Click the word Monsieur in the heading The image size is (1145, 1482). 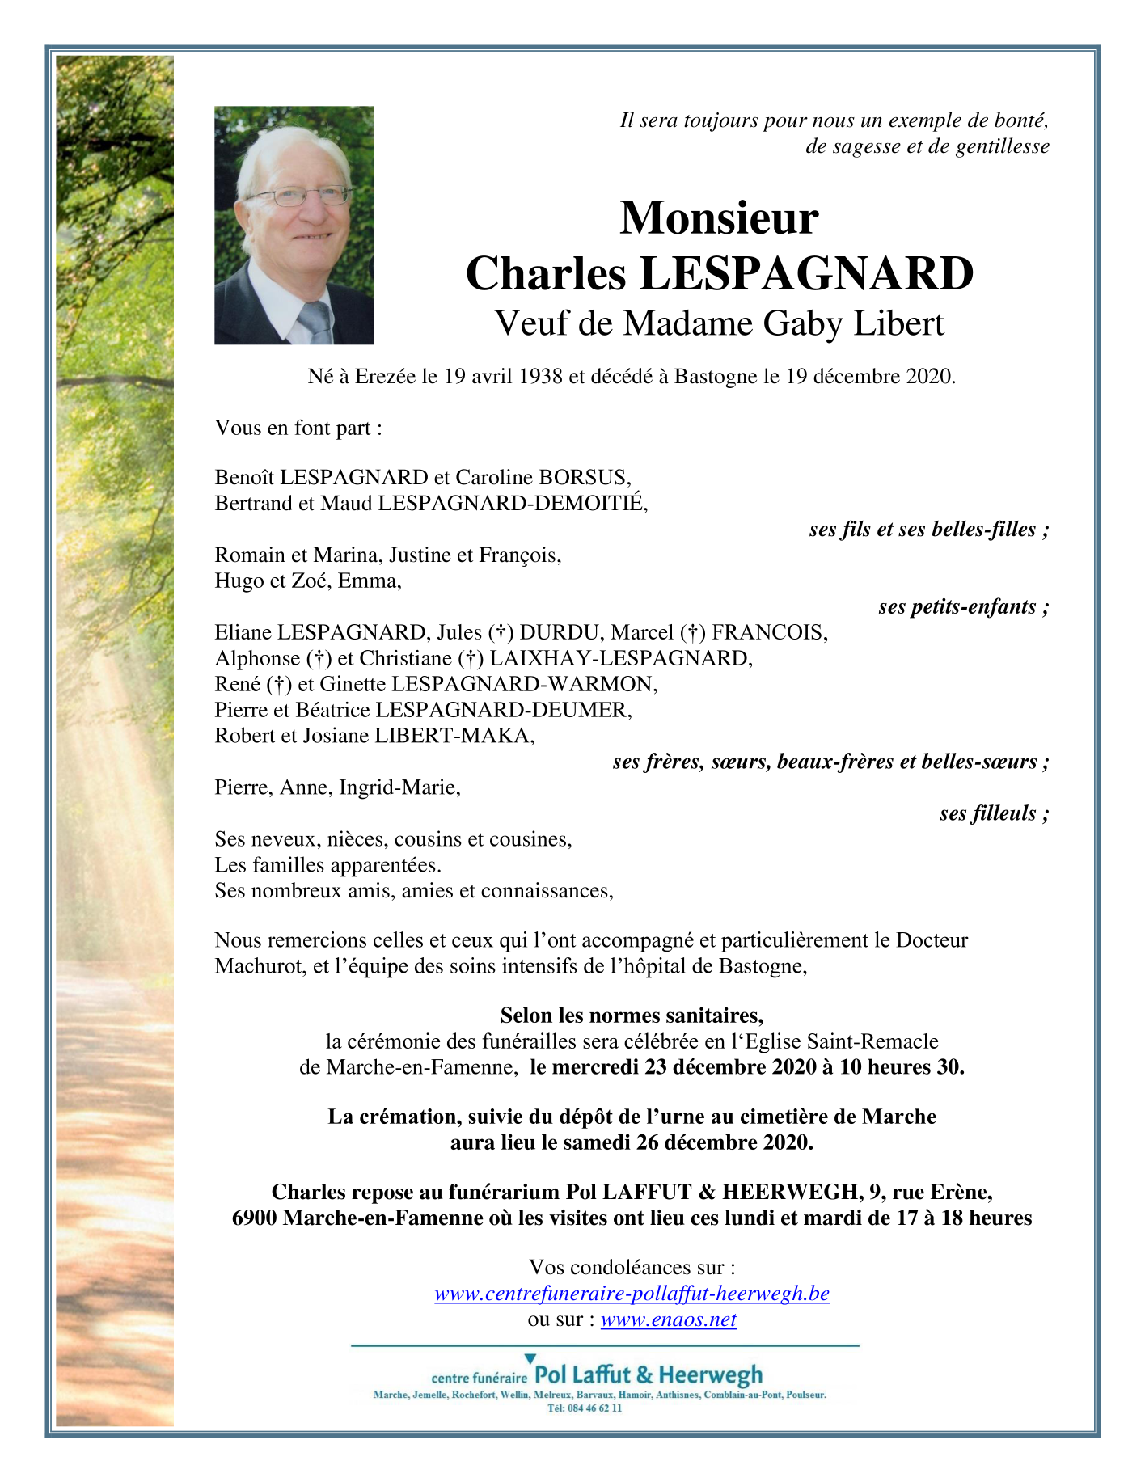coord(719,218)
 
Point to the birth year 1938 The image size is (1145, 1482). coord(541,376)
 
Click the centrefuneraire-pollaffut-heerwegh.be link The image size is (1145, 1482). coord(632,1294)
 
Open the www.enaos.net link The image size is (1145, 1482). coord(668,1319)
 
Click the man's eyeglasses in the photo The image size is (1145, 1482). coord(298,196)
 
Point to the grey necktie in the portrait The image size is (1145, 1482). coord(315,322)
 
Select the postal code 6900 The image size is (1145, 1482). coord(256,1218)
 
